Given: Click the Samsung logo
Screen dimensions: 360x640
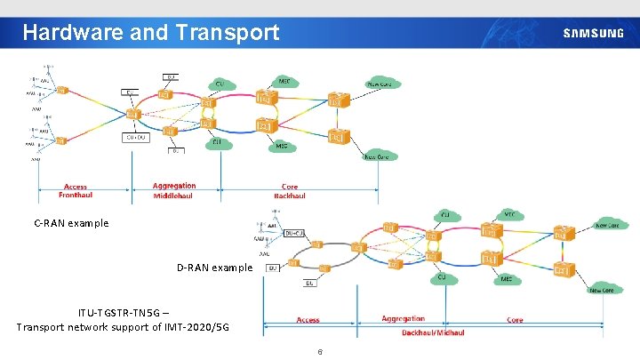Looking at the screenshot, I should coord(593,34).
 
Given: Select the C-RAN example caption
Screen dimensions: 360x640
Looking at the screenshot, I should coord(72,223).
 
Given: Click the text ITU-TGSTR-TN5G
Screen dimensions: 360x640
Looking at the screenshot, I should coord(112,312).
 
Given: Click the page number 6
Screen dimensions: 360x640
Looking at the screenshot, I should coord(319,352).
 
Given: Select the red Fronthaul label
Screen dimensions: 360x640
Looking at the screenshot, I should coord(76,196).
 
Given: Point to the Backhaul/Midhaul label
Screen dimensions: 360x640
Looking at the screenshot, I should coord(433,332).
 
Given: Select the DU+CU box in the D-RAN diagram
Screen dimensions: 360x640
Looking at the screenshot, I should coord(294,233).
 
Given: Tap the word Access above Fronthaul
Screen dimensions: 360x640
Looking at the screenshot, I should coord(76,187).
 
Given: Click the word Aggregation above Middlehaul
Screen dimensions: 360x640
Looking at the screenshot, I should coord(174,186).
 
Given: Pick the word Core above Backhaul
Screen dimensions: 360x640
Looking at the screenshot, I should coord(290,187).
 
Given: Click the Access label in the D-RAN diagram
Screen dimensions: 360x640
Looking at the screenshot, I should coord(308,320).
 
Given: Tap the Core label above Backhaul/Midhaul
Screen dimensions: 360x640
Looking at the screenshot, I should coord(515,320).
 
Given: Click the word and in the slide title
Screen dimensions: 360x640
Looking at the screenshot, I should coord(147,33).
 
